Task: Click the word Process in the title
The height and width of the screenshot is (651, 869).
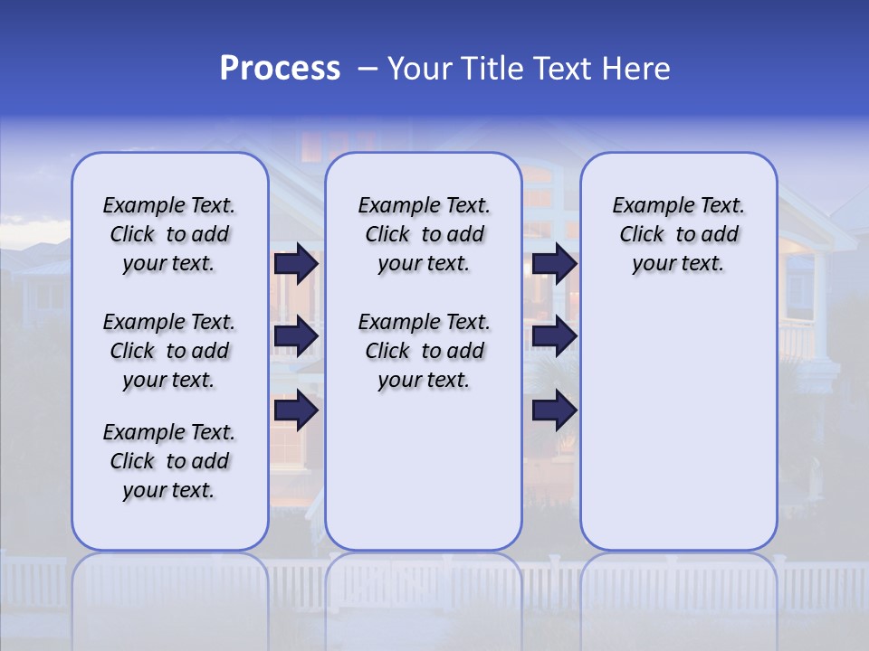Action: coord(280,69)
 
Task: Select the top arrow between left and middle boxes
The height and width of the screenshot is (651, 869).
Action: coord(296,263)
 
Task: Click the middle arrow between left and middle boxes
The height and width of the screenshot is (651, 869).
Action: coord(296,336)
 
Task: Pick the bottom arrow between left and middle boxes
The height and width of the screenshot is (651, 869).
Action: coord(296,410)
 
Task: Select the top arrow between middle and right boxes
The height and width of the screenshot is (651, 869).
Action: coord(554,263)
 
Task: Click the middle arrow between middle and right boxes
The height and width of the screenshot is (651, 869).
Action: coord(554,336)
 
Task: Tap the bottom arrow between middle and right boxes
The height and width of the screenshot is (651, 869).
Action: coord(554,410)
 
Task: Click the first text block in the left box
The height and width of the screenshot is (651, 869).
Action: coord(169,234)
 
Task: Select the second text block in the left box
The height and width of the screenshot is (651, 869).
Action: coord(169,351)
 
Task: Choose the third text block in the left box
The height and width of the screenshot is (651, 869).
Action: coord(169,461)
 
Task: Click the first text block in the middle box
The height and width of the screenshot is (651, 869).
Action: coord(424,234)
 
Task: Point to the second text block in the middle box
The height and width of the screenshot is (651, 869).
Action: coord(424,351)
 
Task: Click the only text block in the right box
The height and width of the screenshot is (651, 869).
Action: coord(678,234)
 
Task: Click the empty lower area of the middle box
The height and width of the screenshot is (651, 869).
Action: coord(424,470)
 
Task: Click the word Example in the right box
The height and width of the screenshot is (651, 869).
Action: coord(648,205)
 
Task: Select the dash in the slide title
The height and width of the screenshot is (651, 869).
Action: coord(368,69)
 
